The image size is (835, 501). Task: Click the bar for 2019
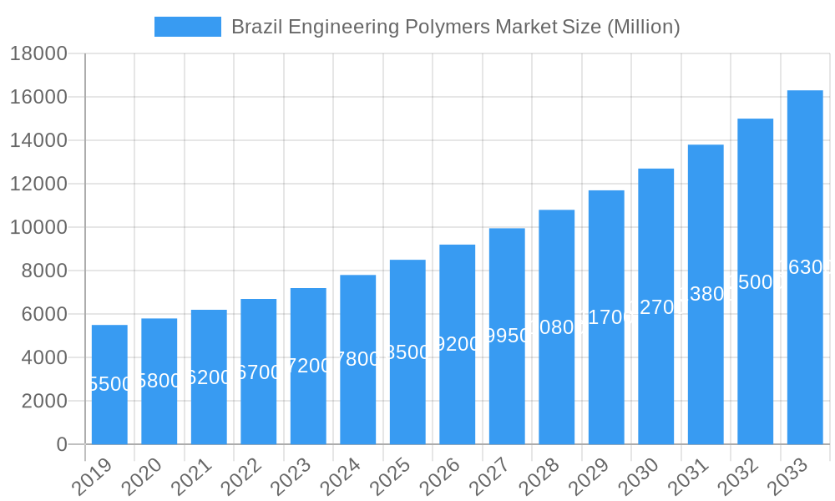pos(109,384)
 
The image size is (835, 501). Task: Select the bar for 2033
pos(805,267)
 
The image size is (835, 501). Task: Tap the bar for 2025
pos(407,352)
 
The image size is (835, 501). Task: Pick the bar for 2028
pos(556,326)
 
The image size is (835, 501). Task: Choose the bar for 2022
pos(259,372)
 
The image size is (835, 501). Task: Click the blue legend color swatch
pos(188,27)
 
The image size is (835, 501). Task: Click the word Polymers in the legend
pos(448,27)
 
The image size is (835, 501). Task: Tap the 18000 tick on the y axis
pos(38,54)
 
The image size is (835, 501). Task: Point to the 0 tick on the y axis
pos(62,444)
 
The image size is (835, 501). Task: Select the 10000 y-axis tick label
pos(38,227)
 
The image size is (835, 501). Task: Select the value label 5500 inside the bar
pos(109,384)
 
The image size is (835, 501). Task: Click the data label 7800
pos(357,359)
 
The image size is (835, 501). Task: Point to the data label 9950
pos(507,336)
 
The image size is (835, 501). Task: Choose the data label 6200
pos(209,377)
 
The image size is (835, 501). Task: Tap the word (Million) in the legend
pos(643,27)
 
